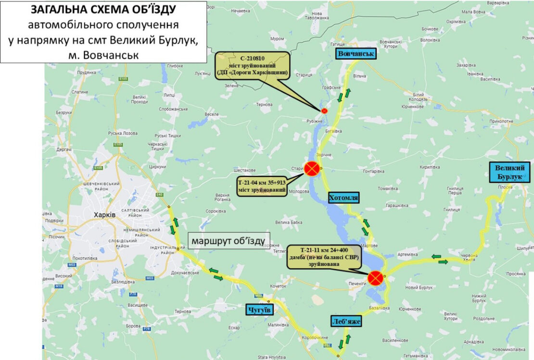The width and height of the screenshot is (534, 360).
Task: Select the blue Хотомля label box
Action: [x=344, y=198]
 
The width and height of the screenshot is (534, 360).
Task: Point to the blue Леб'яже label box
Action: [x=345, y=321]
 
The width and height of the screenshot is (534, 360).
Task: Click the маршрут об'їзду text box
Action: [x=229, y=240]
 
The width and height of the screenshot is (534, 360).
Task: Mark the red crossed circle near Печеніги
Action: [x=375, y=277]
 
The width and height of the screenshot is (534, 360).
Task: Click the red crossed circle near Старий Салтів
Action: [x=312, y=168]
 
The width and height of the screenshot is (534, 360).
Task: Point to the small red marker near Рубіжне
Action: [x=324, y=111]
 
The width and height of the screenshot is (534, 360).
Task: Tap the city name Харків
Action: [x=104, y=214]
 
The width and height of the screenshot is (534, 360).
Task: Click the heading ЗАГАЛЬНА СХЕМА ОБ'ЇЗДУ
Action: [x=103, y=10]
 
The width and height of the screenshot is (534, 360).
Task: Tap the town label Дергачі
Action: [x=64, y=150]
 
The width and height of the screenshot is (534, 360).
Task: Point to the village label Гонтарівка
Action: [x=373, y=171]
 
